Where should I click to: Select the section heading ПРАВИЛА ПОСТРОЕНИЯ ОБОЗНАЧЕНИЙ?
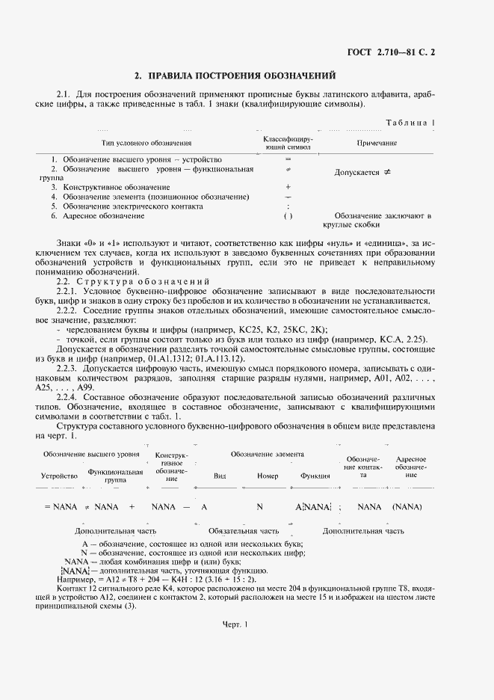[235, 76]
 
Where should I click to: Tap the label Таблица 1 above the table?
[411, 122]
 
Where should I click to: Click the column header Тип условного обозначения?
[146, 142]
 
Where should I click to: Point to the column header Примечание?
[376, 142]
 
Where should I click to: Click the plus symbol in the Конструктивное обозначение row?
[288, 187]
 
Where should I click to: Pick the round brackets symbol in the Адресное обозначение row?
[288, 216]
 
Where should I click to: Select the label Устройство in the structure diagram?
[60, 476]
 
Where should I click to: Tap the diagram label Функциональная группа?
[115, 476]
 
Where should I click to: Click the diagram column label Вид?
[220, 476]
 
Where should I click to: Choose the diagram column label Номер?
[267, 476]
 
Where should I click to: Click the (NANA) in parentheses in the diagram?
[407, 506]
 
